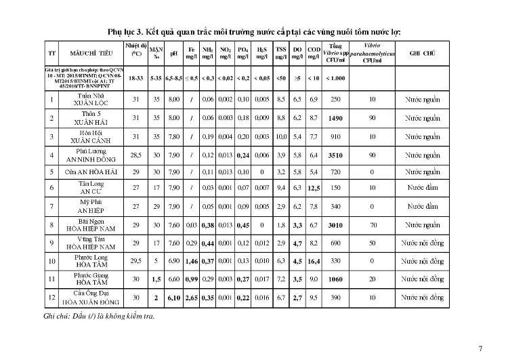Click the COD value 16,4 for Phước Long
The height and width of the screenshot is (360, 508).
click(x=314, y=260)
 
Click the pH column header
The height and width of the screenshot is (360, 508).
click(x=174, y=53)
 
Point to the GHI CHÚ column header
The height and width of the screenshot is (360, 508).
click(x=422, y=53)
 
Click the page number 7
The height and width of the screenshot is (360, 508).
click(x=480, y=348)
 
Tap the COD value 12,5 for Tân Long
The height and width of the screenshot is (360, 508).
click(x=314, y=187)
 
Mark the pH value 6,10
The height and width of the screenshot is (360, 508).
click(x=174, y=297)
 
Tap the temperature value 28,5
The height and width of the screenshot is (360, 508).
click(x=135, y=155)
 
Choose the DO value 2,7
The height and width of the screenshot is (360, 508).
click(x=297, y=297)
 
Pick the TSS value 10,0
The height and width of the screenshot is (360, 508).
click(x=280, y=136)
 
